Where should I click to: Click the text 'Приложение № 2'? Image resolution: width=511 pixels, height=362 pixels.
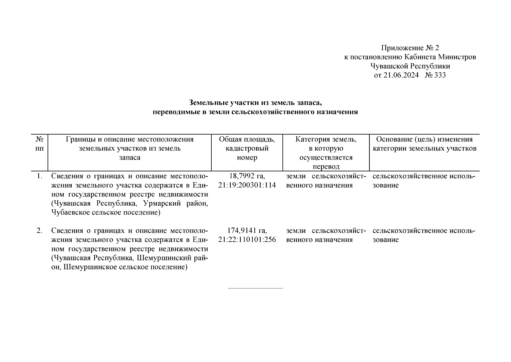pos(410,48)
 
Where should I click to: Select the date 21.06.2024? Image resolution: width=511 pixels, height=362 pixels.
pos(400,75)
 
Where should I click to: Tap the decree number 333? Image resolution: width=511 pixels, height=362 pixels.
pos(440,75)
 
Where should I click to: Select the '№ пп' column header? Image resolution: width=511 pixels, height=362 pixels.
pos(39,144)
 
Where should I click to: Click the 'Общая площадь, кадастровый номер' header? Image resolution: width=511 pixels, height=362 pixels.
pos(247,148)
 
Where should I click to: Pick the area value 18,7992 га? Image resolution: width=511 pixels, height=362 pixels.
pos(247,176)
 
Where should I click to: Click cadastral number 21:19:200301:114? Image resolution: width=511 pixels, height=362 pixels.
pos(247,185)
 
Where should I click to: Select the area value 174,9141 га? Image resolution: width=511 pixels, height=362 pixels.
pos(247,231)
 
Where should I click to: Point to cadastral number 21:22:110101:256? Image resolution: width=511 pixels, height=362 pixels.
pos(247,240)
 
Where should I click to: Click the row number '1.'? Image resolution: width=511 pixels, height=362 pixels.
pos(39,176)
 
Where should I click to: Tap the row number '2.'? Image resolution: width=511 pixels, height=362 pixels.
pos(39,231)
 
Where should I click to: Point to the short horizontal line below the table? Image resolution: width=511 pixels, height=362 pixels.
pos(255,288)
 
